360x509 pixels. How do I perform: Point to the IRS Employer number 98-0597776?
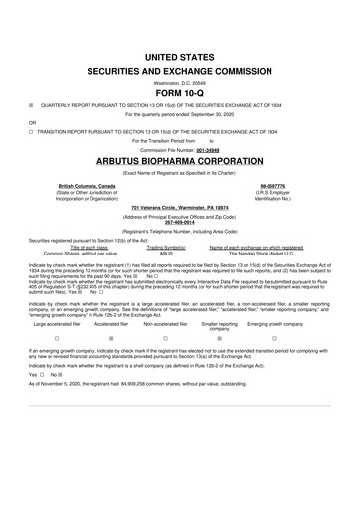[274, 186]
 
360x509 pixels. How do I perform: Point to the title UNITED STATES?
[179, 60]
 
